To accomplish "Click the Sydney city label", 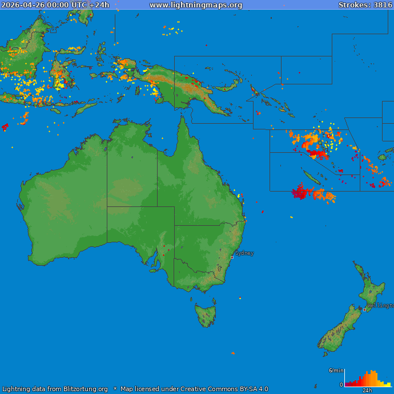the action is [x=244, y=253].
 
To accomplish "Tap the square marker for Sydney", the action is [x=232, y=257].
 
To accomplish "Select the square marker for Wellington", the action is [x=365, y=310].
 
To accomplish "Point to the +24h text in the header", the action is [x=99, y=5].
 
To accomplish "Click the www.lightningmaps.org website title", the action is [x=196, y=5].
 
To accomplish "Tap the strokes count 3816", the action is [x=383, y=5].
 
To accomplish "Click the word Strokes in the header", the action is [x=353, y=5].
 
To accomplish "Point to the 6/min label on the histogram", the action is [x=336, y=371].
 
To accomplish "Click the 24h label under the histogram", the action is [x=367, y=391].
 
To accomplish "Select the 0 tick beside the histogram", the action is [x=341, y=385].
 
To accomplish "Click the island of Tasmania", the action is [x=206, y=315].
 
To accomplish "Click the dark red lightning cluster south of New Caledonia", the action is [x=300, y=192].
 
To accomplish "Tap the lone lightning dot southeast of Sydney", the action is [x=240, y=298].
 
